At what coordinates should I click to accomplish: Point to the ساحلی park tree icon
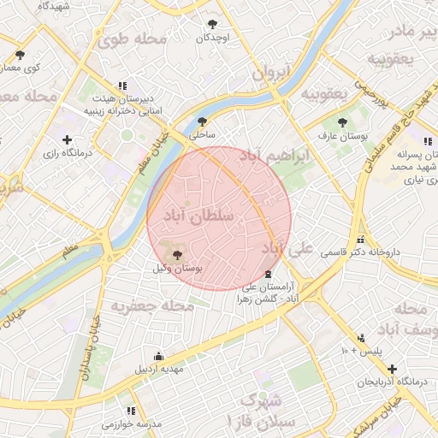pyautogui.click(x=203, y=121)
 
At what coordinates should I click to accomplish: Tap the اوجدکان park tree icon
pyautogui.click(x=212, y=24)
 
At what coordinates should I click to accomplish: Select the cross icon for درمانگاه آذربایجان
pyautogui.click(x=391, y=368)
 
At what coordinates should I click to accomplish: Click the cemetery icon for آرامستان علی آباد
pyautogui.click(x=269, y=274)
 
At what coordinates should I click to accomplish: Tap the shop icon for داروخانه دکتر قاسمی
pyautogui.click(x=361, y=240)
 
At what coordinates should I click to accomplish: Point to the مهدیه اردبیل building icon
pyautogui.click(x=157, y=356)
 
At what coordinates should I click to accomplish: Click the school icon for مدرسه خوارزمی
pyautogui.click(x=131, y=411)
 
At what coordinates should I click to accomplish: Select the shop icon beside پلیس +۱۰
pyautogui.click(x=362, y=338)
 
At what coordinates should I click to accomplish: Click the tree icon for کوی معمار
pyautogui.click(x=19, y=55)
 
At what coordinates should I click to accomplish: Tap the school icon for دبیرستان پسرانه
pyautogui.click(x=429, y=140)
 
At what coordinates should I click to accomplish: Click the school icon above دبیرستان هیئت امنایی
pyautogui.click(x=122, y=86)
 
